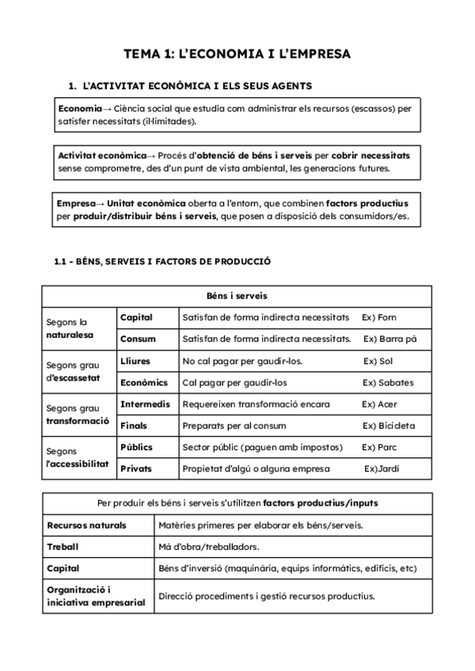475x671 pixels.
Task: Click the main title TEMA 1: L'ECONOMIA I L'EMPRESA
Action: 237,54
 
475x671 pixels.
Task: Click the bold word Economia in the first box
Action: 79,108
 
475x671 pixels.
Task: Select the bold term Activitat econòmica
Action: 102,155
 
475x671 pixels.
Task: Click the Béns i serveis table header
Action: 237,296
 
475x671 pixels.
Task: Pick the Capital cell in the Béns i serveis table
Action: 137,317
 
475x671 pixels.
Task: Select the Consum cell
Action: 138,339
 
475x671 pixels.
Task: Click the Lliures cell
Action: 135,361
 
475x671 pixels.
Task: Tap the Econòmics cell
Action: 144,382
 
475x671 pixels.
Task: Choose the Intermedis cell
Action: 145,404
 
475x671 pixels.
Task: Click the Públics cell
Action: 137,447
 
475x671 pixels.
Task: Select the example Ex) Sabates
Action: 388,382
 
